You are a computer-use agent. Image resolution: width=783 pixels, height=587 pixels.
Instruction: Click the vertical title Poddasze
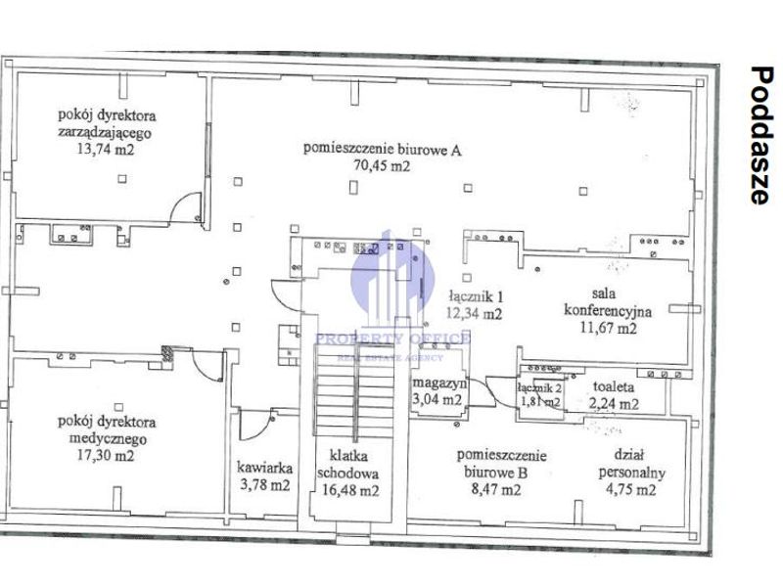[762, 135]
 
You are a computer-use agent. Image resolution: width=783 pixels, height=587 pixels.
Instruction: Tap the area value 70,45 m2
[382, 165]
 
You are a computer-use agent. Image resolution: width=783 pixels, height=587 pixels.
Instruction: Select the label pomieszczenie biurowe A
[382, 149]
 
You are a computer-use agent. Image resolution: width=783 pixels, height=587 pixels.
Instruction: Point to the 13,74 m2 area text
[106, 149]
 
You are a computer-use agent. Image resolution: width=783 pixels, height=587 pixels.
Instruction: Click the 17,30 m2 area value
[106, 455]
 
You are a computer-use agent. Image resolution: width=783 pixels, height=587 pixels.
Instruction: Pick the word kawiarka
[264, 468]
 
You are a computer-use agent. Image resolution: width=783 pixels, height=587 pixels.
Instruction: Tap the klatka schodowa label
[348, 464]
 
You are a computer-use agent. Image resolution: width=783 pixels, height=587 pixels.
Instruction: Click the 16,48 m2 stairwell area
[350, 490]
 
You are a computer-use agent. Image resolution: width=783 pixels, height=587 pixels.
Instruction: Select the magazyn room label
[439, 384]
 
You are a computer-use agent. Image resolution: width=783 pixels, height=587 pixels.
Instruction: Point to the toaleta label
[614, 386]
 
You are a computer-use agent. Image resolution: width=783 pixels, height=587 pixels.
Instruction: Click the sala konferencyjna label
[608, 302]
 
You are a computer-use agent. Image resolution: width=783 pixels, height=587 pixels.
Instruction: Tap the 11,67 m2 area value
[608, 328]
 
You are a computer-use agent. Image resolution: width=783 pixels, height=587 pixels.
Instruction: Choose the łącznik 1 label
[476, 297]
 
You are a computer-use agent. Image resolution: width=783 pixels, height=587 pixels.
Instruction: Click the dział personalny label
[631, 464]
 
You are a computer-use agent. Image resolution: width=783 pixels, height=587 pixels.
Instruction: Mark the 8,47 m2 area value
[496, 489]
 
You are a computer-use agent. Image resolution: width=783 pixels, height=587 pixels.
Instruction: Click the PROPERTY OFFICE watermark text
[392, 339]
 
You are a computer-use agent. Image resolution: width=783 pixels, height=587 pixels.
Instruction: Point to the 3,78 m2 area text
[265, 484]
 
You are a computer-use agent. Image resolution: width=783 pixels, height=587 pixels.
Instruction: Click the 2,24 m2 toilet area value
[614, 403]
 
